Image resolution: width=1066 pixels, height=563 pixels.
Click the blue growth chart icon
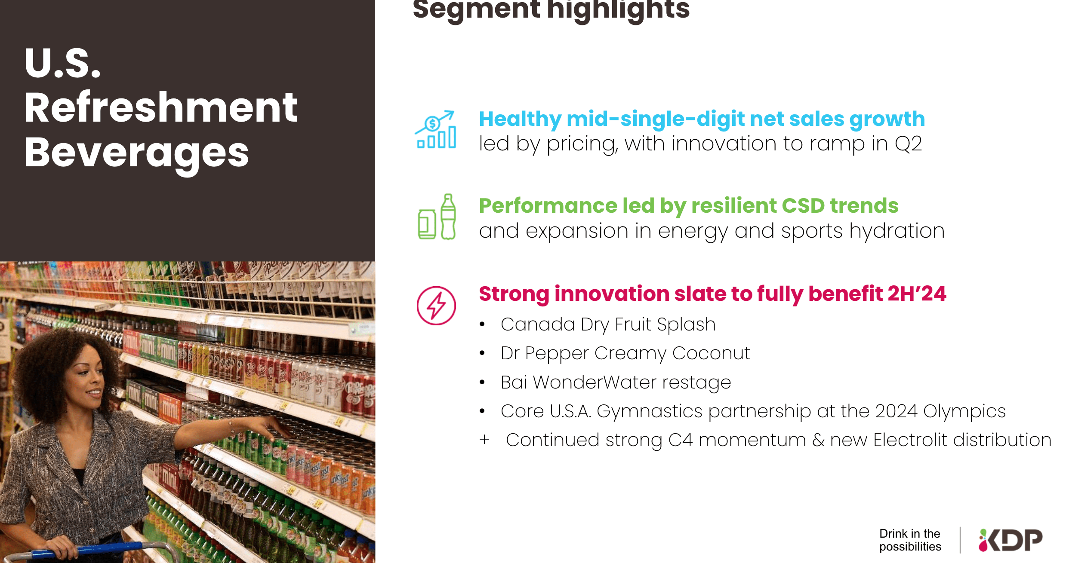click(436, 130)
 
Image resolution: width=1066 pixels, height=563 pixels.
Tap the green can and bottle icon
click(437, 217)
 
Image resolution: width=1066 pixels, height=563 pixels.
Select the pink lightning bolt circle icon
click(436, 306)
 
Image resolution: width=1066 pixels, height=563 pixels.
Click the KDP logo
click(1011, 540)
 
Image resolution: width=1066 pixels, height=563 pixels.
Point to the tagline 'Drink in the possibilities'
click(910, 540)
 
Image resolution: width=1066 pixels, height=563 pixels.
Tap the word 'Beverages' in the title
click(137, 153)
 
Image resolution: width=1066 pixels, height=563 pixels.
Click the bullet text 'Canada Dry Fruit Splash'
click(608, 324)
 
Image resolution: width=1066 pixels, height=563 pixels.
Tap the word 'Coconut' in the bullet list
click(711, 353)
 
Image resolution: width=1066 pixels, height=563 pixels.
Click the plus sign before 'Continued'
click(484, 440)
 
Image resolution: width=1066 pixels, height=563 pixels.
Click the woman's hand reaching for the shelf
click(269, 425)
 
